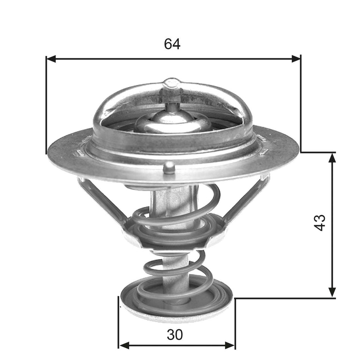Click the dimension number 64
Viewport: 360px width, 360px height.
tap(172, 44)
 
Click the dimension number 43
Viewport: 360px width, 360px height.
tap(320, 222)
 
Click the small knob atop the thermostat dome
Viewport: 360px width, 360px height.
tap(171, 84)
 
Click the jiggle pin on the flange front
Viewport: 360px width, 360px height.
tap(169, 167)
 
